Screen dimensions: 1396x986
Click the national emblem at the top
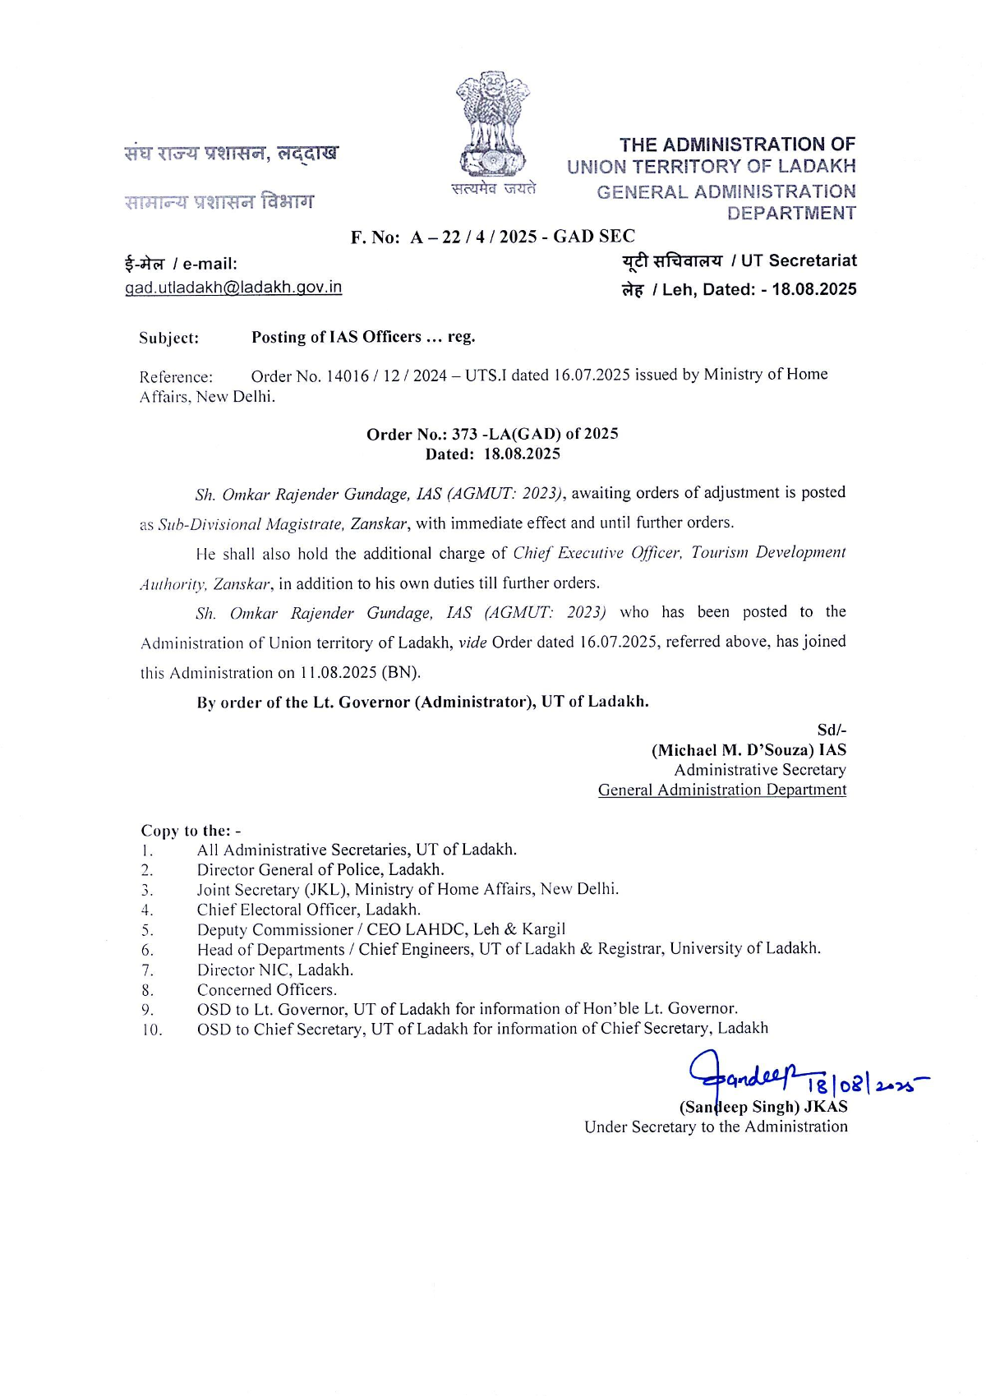click(492, 123)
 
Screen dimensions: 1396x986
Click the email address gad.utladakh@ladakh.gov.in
click(233, 287)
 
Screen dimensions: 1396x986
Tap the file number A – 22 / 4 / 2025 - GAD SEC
click(523, 237)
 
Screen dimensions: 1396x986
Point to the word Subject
click(168, 338)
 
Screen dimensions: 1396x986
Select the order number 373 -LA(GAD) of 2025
click(535, 434)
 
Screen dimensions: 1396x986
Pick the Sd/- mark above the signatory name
click(831, 730)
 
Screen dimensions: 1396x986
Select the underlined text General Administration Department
click(721, 790)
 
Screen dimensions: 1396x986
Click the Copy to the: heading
click(191, 830)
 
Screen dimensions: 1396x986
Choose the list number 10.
click(151, 1030)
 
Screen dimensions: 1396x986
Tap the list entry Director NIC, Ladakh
click(274, 970)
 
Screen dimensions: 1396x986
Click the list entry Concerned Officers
click(266, 989)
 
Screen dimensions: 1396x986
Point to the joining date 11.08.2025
click(338, 672)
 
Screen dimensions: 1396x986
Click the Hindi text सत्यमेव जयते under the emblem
click(493, 188)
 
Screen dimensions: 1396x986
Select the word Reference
click(176, 377)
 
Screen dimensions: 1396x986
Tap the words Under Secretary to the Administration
click(716, 1126)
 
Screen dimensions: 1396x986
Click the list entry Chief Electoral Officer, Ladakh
click(308, 910)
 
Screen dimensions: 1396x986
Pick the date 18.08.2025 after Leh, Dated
click(813, 289)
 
